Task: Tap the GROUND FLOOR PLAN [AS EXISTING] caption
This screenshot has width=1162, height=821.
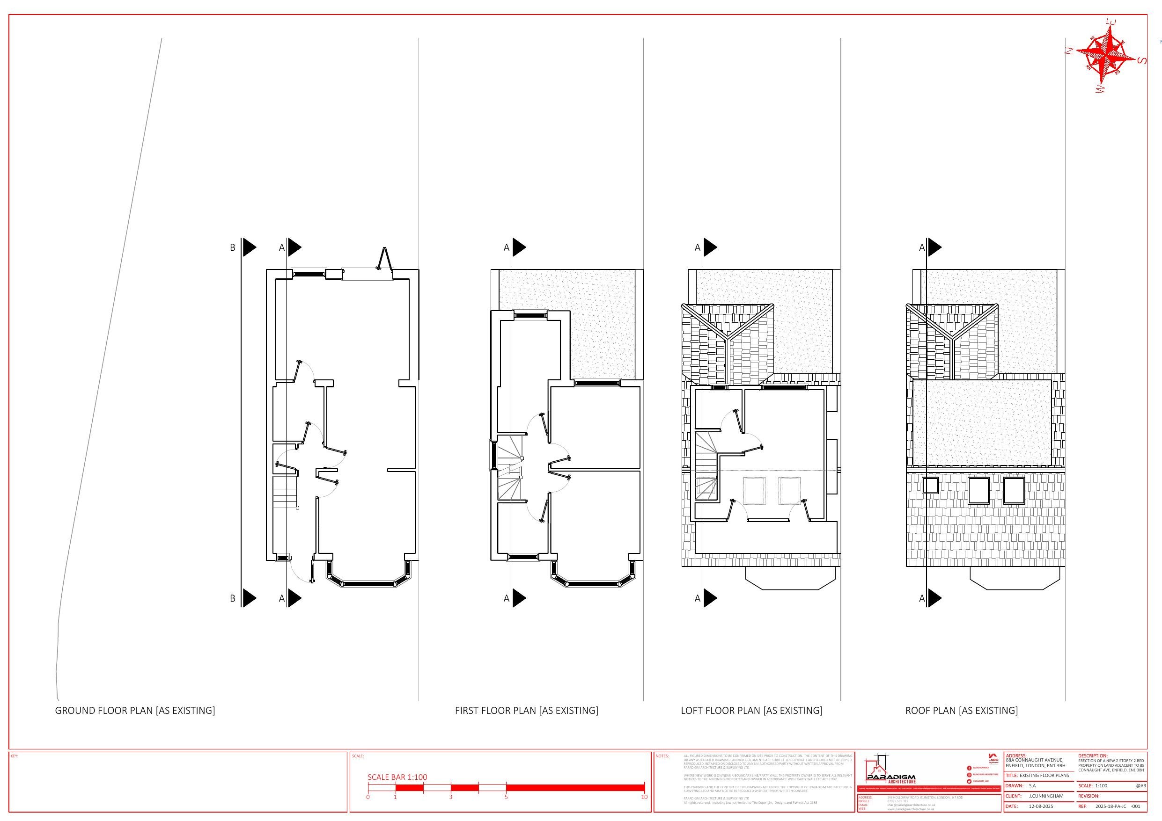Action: [x=135, y=710]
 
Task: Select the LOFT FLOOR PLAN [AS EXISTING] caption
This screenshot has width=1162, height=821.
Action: [x=751, y=710]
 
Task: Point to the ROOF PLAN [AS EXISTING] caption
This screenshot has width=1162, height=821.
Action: [x=961, y=710]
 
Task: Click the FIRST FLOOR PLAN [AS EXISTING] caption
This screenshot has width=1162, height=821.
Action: [x=526, y=710]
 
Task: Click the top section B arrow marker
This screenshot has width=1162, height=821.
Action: [x=248, y=247]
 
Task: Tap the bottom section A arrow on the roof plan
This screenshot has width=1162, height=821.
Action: [x=934, y=598]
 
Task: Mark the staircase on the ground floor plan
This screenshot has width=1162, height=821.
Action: [x=285, y=492]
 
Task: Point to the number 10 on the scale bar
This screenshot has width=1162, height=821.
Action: [x=644, y=797]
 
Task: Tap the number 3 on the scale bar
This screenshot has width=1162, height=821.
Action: [x=450, y=797]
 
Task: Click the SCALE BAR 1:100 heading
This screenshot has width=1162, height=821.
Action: [x=397, y=777]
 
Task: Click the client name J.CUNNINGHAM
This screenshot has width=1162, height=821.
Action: [x=1046, y=796]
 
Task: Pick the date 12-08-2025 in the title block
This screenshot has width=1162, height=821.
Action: [x=1041, y=806]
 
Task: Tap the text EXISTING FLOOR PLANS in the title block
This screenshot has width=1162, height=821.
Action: [x=1044, y=776]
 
